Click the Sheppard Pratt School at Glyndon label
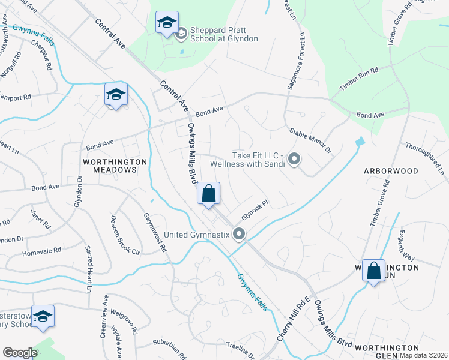[x=224, y=34]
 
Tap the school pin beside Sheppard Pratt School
[x=166, y=23]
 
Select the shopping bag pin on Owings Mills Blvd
[x=208, y=194]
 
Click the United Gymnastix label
[x=197, y=234]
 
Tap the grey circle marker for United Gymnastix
[x=239, y=234]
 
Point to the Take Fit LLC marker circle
[x=294, y=159]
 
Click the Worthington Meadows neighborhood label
[x=115, y=166]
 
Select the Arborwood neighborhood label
[x=391, y=171]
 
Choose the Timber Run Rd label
[x=358, y=79]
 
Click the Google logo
[x=20, y=353]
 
